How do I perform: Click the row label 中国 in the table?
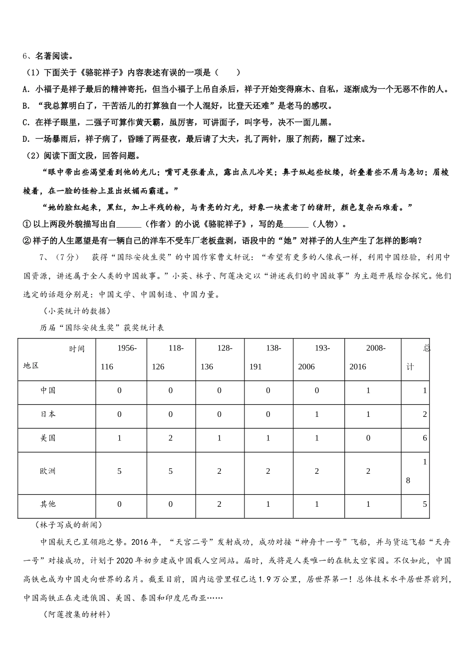tap(48, 390)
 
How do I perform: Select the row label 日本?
tap(48, 414)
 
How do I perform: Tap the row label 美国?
tap(48, 438)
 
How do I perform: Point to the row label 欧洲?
tap(48, 471)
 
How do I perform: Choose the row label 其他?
tap(48, 504)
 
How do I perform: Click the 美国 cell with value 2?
tap(171, 438)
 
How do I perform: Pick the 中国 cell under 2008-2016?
tap(368, 390)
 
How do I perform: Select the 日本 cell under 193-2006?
tap(317, 414)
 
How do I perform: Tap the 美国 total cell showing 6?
tap(425, 438)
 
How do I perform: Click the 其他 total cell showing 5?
tap(425, 504)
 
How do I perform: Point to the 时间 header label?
tap(77, 348)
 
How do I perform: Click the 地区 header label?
tap(31, 365)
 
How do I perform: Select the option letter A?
tap(26, 89)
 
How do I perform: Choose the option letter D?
tap(26, 139)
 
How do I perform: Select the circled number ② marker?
tap(27, 241)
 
